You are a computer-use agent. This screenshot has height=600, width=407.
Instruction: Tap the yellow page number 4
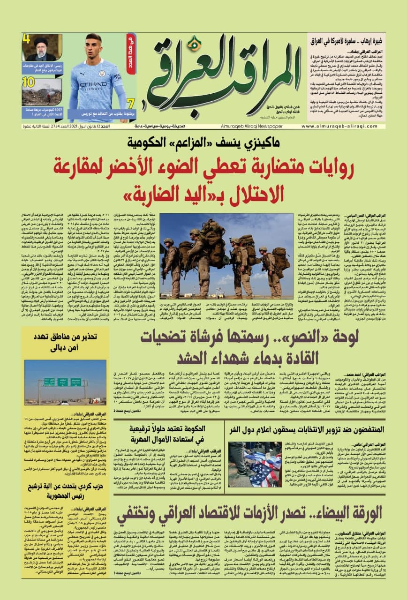27,38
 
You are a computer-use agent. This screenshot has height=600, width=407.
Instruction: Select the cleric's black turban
41,41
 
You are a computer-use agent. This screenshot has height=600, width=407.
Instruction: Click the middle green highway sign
62,382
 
